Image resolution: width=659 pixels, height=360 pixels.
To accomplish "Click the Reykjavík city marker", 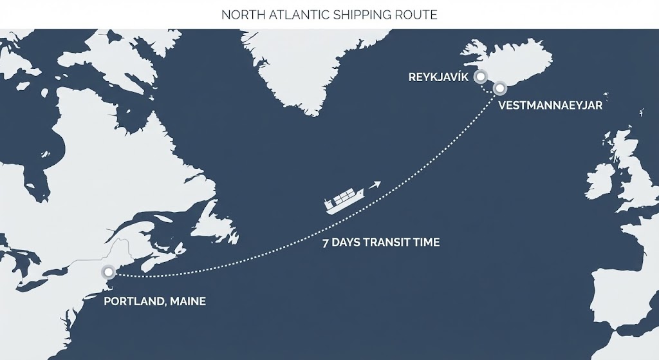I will tap(479, 77).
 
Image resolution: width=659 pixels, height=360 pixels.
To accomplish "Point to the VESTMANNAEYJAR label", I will tap(550, 106).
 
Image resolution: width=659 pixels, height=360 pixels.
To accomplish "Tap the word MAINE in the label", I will tap(188, 301).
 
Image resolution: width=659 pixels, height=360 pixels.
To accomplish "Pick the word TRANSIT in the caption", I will tap(389, 243).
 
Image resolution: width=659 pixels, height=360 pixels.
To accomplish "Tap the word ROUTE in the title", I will tap(419, 14).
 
